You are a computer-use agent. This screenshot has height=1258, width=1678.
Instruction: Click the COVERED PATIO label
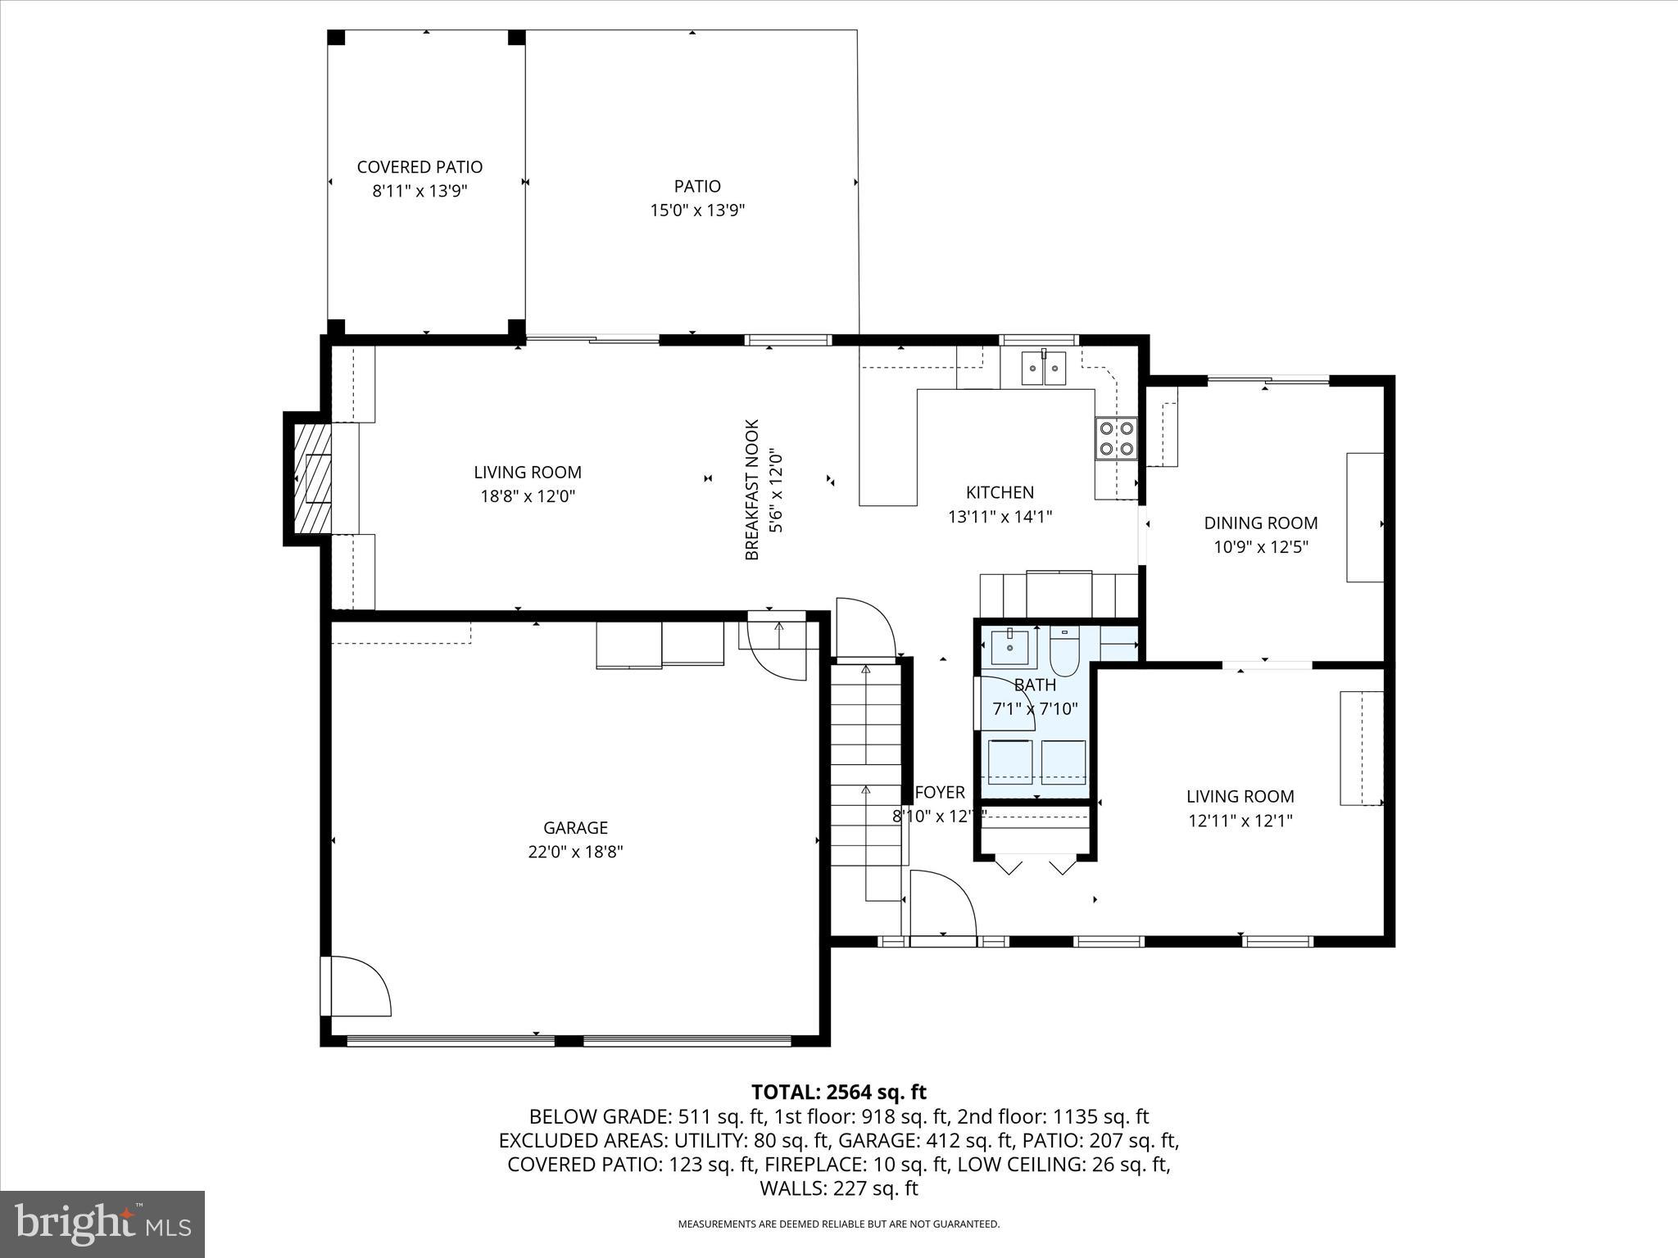419,167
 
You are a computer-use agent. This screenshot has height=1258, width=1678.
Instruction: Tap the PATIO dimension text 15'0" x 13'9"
697,210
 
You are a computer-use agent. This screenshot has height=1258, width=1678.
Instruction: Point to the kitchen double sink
1044,369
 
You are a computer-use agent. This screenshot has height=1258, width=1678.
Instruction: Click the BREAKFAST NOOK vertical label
752,490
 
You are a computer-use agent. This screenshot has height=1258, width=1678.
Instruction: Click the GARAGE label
575,827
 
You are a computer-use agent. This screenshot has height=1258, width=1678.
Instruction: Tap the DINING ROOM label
1260,523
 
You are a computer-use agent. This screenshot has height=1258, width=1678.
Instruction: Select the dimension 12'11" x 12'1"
1240,821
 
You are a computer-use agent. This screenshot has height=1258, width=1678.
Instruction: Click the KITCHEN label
1000,492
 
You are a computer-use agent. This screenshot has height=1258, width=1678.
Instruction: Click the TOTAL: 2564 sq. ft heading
838,1092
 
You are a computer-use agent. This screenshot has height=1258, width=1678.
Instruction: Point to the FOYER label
940,792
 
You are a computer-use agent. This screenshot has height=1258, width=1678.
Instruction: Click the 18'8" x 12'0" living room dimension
528,496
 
